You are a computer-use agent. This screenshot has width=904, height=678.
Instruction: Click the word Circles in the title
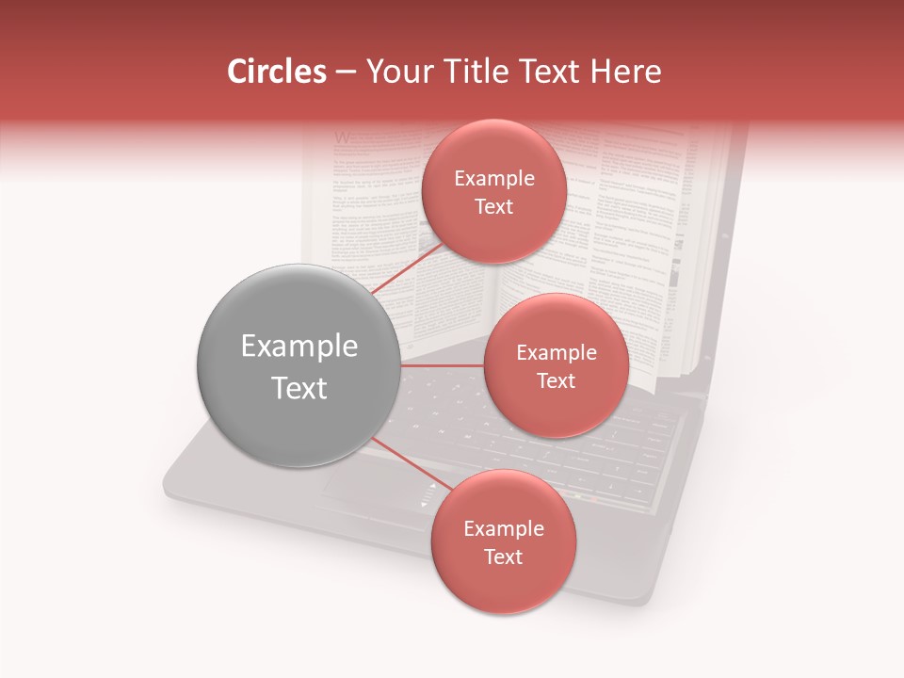click(x=276, y=72)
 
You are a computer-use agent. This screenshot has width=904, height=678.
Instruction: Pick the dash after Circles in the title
click(x=345, y=73)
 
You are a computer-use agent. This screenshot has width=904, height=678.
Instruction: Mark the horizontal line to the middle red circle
click(x=443, y=365)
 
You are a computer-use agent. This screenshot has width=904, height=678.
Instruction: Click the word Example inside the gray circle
click(x=299, y=346)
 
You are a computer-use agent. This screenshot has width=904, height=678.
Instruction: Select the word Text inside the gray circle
click(x=299, y=387)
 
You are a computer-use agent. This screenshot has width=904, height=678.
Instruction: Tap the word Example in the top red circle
click(x=493, y=178)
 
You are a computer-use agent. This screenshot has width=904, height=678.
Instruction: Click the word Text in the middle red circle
click(x=556, y=380)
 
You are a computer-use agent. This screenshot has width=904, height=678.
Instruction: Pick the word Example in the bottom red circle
click(x=503, y=528)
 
